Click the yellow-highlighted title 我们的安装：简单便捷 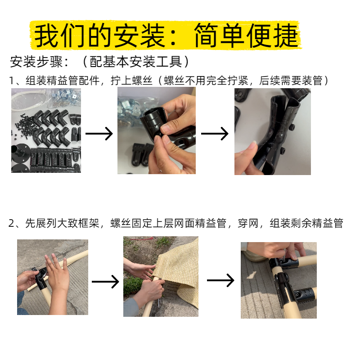tap(166, 35)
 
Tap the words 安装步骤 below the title tap(36, 62)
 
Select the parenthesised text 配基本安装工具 tap(136, 62)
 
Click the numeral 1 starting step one tap(12, 81)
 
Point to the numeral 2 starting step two tap(12, 223)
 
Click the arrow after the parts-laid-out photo tap(99, 133)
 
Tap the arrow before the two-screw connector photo tap(215, 133)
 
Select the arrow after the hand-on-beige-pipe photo tap(105, 282)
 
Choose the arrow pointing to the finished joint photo tap(220, 280)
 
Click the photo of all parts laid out tap(46, 130)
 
